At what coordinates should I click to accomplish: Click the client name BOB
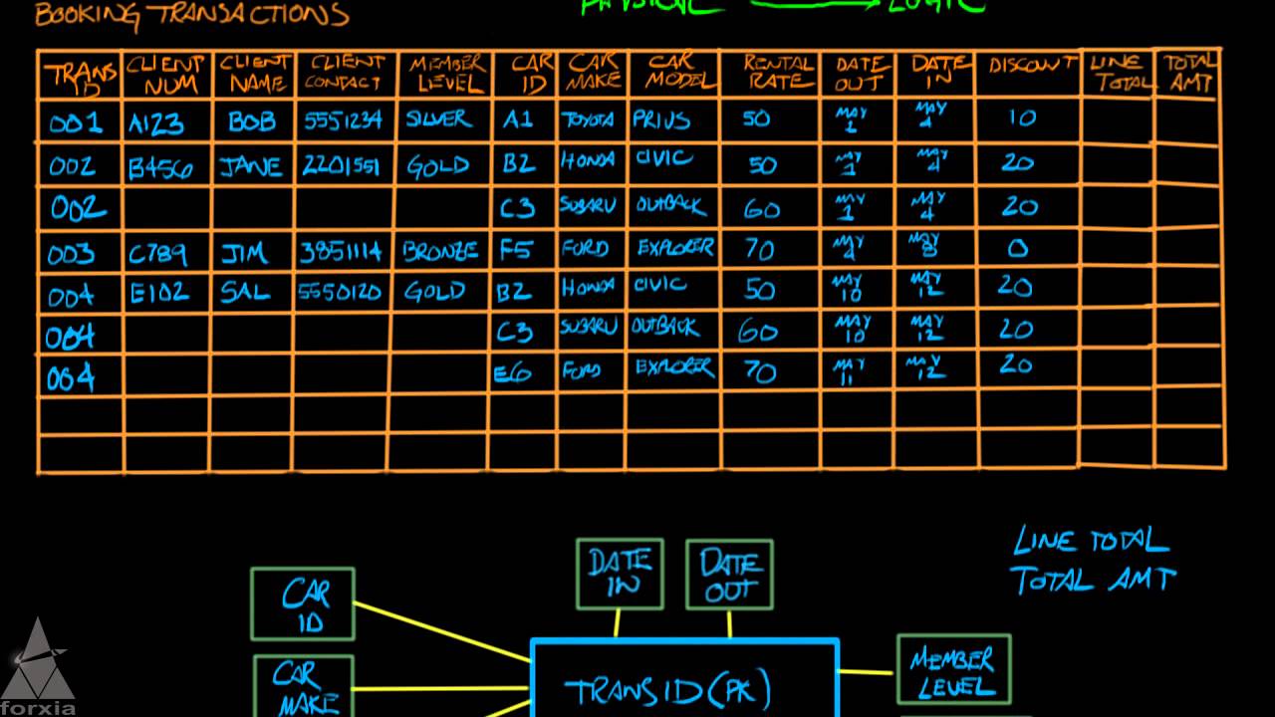251,121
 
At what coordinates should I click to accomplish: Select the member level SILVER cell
438,119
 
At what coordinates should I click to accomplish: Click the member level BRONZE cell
440,251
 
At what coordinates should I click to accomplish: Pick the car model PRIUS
661,121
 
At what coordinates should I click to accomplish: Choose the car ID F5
516,250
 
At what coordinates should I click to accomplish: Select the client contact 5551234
343,120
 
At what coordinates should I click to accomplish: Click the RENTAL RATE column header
777,73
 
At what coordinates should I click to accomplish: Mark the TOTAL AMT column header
1188,74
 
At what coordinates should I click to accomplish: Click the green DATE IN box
620,574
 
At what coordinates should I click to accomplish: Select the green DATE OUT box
729,575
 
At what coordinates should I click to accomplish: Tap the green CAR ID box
303,603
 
